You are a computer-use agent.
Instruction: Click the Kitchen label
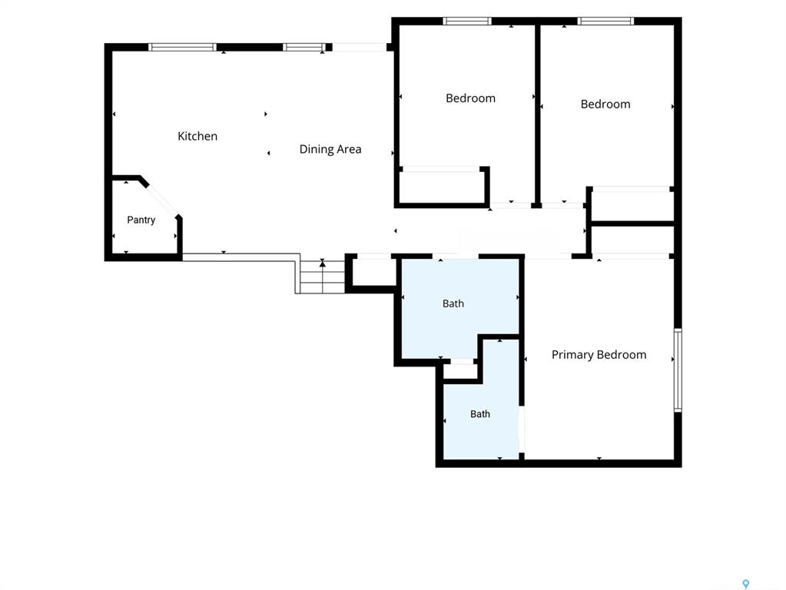197,136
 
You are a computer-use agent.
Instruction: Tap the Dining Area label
330,149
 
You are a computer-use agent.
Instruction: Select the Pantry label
141,220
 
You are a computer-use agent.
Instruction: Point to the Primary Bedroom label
599,355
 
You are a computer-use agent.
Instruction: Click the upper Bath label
453,303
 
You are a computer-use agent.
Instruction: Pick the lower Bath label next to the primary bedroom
480,414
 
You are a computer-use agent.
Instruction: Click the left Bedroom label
471,98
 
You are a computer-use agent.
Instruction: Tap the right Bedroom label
605,104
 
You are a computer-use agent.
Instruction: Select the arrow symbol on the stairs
323,264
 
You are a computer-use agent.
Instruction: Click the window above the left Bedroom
467,21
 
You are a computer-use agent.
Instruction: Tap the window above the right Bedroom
605,21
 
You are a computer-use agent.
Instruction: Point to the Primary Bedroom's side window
678,370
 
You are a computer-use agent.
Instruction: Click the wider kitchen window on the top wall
182,47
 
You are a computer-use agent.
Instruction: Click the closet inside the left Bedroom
442,187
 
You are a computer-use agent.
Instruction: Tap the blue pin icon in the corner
746,584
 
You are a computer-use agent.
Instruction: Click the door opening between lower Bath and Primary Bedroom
522,429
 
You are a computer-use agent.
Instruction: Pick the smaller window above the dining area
304,47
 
